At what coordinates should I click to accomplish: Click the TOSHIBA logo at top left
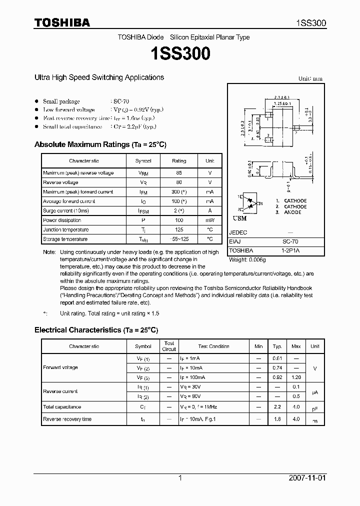[x=62, y=23]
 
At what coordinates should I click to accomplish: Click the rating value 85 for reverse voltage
[x=179, y=173]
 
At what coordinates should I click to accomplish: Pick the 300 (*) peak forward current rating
[x=179, y=192]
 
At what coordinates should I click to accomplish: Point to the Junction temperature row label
[x=66, y=230]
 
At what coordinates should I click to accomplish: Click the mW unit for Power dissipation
[x=210, y=220]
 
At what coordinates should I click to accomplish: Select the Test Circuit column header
[x=169, y=346]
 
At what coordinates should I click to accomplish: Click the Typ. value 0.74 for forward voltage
[x=277, y=367]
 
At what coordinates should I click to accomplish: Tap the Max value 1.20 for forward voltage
[x=296, y=377]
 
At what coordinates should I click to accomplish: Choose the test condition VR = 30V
[x=191, y=387]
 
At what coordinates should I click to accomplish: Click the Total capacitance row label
[x=62, y=407]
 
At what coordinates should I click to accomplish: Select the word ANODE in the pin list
[x=292, y=212]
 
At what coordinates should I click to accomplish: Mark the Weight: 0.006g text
[x=248, y=260]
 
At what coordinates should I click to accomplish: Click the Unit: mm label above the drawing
[x=310, y=78]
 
